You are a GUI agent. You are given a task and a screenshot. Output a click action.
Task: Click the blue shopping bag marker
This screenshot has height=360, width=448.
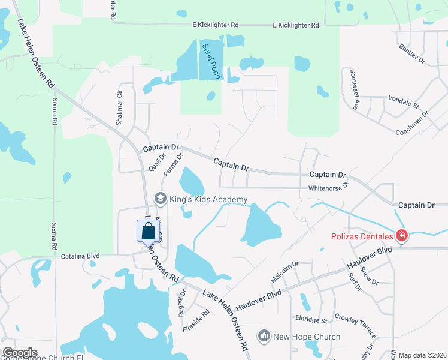[148, 232]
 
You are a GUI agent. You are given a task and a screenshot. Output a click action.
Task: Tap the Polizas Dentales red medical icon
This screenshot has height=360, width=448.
[401, 235]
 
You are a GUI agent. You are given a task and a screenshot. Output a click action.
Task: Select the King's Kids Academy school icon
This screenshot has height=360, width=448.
[160, 198]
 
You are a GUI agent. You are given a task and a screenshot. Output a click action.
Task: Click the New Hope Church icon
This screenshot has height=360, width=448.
[264, 337]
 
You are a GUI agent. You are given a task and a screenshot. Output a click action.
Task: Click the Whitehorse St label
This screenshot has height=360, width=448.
[328, 187]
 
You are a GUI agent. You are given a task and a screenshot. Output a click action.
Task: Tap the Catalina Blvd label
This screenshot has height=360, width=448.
[80, 256]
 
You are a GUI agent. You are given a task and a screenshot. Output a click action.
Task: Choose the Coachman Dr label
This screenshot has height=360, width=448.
[412, 123]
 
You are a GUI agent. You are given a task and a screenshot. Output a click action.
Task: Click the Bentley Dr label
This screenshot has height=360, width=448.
[412, 53]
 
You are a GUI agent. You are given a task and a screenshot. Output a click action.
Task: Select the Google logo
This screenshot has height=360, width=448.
[20, 353]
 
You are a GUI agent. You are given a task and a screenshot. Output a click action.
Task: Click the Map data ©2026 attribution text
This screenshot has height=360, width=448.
[422, 355]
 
